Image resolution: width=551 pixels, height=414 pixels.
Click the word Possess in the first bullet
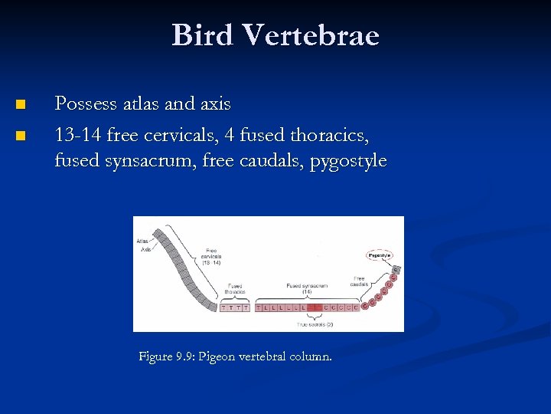86,103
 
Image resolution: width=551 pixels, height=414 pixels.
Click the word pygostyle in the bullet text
348,162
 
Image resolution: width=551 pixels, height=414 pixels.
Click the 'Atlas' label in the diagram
143,241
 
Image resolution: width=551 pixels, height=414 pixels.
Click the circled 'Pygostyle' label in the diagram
380,255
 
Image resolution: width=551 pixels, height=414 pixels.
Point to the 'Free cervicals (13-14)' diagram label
211,256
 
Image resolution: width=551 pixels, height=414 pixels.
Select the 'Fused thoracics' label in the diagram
235,289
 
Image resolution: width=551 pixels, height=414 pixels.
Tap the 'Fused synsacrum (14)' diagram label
307,288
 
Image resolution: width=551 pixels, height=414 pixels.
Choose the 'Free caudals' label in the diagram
359,281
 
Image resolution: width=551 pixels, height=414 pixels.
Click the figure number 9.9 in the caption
183,356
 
